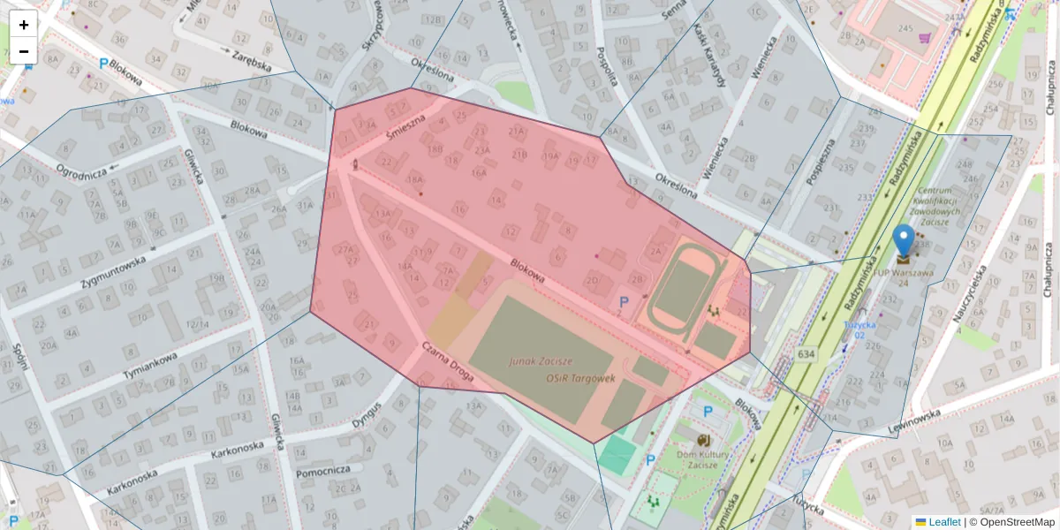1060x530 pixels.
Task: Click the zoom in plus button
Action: pos(24,25)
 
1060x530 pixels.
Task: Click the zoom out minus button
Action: pos(24,51)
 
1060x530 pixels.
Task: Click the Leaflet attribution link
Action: pos(944,522)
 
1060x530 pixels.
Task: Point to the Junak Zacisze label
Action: pos(540,361)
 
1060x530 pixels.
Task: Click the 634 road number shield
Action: pos(806,354)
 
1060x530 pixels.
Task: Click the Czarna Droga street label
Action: pos(448,367)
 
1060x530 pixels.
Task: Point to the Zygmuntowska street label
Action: pos(112,272)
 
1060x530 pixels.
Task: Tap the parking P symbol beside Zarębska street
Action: pos(103,64)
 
